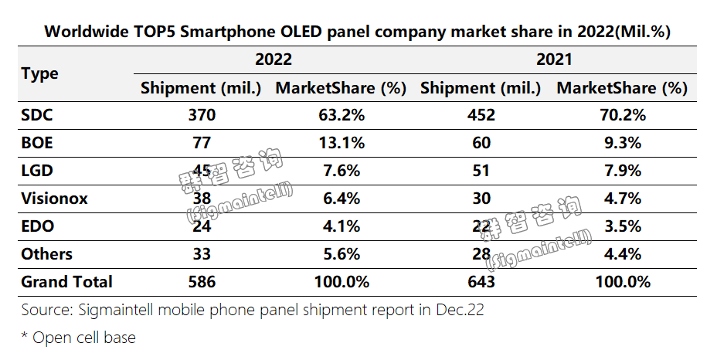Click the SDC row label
point(37,115)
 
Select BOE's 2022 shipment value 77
point(201,143)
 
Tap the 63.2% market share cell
point(341,115)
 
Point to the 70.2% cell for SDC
point(621,115)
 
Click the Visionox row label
point(54,199)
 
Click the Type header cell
point(40,73)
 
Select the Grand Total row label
point(67,282)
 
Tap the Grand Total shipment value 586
point(201,282)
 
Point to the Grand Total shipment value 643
point(481,282)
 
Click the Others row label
point(47,254)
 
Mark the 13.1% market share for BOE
point(341,143)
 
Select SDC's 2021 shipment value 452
point(481,115)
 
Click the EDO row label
point(37,226)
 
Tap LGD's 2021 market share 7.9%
point(621,171)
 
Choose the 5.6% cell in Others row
point(341,254)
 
